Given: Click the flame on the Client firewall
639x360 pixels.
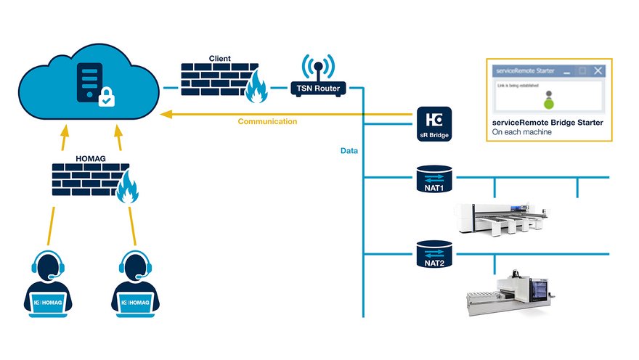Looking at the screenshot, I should (x=257, y=89).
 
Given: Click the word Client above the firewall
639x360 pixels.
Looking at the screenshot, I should (x=220, y=58).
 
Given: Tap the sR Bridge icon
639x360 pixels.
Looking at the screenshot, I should (x=434, y=123).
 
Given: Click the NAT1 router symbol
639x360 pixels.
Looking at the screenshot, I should (x=434, y=179).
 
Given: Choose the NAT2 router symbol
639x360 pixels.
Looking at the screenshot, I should (x=434, y=255).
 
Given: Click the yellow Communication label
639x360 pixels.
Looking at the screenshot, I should (x=267, y=122).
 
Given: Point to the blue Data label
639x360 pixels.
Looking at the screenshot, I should (x=349, y=151).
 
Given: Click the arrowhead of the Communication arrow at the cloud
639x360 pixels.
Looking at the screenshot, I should (x=166, y=113).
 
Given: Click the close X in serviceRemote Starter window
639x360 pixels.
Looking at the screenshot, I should (x=598, y=70).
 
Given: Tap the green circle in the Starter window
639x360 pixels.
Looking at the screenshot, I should (x=549, y=104).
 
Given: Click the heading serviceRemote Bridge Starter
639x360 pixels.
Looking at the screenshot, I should (x=548, y=123).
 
